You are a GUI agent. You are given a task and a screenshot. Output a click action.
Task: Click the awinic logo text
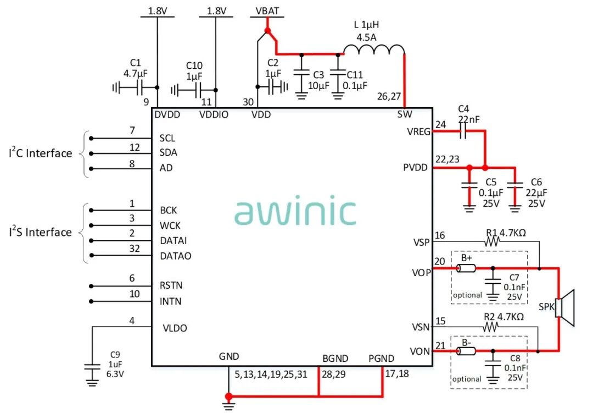point(295,212)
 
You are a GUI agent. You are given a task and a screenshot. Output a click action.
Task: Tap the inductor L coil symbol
point(374,51)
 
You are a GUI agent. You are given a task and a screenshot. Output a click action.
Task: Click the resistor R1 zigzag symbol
point(493,241)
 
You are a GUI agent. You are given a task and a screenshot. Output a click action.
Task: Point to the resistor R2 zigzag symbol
point(491,326)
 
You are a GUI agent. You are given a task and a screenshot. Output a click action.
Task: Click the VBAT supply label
point(267,11)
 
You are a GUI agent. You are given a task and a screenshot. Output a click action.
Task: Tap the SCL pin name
point(167,138)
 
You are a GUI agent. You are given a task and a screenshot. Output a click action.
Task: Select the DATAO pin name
point(176,256)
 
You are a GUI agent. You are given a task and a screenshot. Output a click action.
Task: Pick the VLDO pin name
point(175,328)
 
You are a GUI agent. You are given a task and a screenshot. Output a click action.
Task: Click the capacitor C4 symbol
point(463,131)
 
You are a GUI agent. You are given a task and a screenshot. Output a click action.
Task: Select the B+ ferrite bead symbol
point(467,268)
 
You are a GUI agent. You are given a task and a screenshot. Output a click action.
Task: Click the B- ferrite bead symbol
point(467,351)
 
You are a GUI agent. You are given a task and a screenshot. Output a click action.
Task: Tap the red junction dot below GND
point(229,396)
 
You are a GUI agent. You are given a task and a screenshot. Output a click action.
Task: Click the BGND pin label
point(335,359)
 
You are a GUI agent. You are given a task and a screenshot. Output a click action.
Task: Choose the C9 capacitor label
point(114,354)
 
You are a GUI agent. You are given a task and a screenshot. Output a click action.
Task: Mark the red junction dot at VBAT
point(267,30)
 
